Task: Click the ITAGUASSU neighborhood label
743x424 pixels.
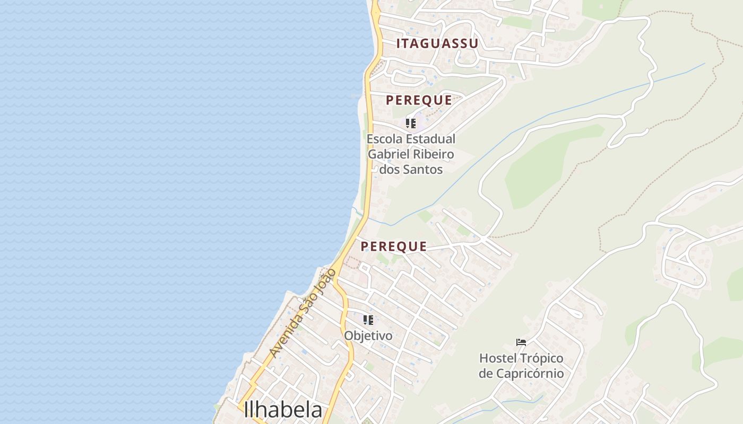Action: [437, 43]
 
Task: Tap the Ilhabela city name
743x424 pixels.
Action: [283, 410]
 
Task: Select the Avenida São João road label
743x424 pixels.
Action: [303, 312]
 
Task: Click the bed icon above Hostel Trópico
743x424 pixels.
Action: [521, 342]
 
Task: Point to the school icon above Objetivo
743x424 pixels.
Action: [368, 320]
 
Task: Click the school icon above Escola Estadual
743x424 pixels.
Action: [411, 123]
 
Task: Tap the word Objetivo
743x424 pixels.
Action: [368, 335]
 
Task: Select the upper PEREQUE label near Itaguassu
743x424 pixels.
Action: [419, 100]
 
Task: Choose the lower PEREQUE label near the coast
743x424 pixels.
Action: [394, 246]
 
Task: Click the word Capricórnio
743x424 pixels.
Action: [521, 373]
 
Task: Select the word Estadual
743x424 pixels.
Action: [430, 139]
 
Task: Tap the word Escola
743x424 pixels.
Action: [384, 139]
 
